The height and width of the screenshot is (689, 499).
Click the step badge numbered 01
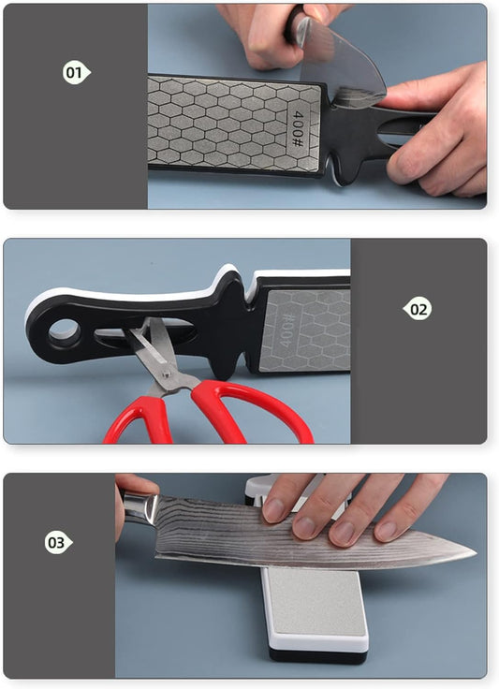tap(76, 72)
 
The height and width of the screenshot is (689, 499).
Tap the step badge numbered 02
tap(418, 309)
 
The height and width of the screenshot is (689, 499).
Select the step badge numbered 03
tap(58, 542)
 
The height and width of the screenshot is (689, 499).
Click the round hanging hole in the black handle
tap(65, 331)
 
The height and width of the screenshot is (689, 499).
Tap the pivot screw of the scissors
tap(167, 374)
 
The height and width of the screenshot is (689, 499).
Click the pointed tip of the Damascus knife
tap(476, 552)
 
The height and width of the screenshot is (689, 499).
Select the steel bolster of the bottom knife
tap(140, 508)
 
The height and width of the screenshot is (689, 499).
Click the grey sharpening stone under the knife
tap(316, 600)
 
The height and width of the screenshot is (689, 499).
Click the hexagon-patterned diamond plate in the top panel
tap(235, 125)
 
